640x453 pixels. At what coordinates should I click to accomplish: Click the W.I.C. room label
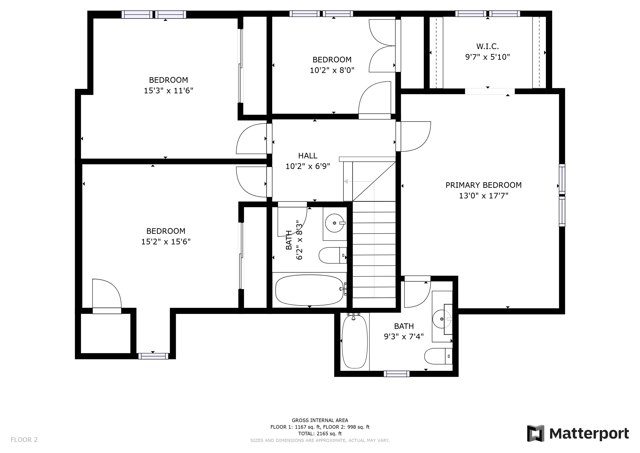click(488, 46)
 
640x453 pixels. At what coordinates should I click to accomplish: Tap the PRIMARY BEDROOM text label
click(483, 185)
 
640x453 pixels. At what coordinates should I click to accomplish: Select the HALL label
click(308, 156)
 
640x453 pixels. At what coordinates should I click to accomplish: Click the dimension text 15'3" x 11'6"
click(168, 91)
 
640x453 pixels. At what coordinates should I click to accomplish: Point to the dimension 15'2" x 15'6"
click(166, 242)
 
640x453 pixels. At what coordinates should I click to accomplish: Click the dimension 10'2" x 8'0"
click(332, 70)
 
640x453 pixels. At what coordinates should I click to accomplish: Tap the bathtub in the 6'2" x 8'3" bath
click(309, 290)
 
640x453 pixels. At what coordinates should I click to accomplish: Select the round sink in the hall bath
click(335, 223)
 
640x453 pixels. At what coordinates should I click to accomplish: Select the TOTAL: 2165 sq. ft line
click(320, 434)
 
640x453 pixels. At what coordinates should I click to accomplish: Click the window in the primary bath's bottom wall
click(396, 374)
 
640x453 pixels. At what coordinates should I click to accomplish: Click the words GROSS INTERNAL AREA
click(320, 420)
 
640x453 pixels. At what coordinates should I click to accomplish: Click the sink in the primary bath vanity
click(442, 319)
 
